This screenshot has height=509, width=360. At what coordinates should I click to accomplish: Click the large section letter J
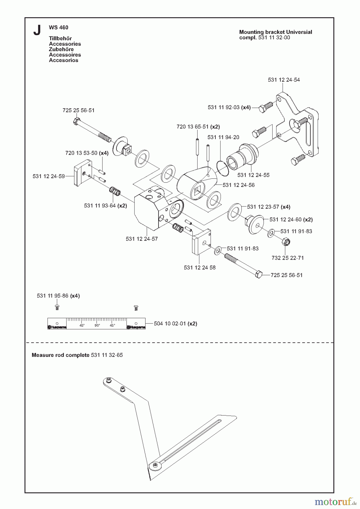click(37, 30)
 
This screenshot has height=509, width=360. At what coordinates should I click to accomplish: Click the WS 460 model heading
click(59, 27)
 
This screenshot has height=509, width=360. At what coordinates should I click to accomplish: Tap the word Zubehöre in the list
click(61, 49)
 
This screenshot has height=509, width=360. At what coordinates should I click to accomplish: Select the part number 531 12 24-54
click(284, 80)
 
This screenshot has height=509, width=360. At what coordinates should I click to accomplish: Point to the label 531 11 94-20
click(223, 137)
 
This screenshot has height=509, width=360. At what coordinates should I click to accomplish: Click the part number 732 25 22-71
click(288, 258)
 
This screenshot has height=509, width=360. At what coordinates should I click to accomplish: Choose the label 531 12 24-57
click(142, 239)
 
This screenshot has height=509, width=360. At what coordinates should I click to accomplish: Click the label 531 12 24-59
click(49, 176)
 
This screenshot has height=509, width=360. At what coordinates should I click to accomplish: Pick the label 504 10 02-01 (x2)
click(175, 323)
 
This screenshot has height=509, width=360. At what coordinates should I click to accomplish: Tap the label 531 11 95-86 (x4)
click(58, 296)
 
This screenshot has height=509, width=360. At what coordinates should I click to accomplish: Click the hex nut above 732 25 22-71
click(286, 243)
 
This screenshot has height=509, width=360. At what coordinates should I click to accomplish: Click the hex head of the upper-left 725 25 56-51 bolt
click(76, 121)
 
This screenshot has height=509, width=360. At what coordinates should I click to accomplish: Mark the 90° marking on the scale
click(97, 325)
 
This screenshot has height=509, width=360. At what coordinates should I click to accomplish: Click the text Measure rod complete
click(61, 355)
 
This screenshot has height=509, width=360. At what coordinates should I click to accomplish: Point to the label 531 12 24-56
click(239, 185)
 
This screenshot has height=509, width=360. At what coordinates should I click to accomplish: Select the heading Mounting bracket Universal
click(276, 32)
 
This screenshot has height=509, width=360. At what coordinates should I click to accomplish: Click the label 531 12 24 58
click(200, 268)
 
